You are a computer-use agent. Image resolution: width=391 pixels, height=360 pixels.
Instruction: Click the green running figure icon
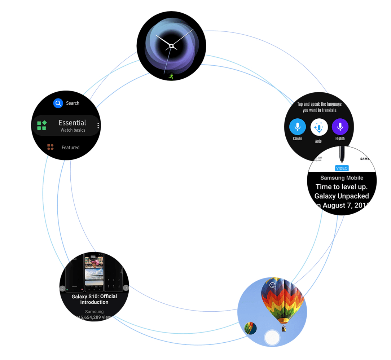pyautogui.click(x=171, y=76)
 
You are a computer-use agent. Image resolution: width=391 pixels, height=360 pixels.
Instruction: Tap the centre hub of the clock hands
pyautogui.click(x=171, y=46)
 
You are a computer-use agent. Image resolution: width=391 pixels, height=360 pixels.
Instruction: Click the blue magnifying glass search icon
pyautogui.click(x=58, y=104)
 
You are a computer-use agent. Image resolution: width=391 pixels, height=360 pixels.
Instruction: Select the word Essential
pyautogui.click(x=73, y=123)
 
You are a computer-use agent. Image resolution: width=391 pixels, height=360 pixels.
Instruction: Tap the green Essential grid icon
pyautogui.click(x=42, y=125)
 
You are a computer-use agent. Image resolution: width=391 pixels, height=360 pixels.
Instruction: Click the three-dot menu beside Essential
pyautogui.click(x=98, y=126)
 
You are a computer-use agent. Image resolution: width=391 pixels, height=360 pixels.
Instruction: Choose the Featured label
pyautogui.click(x=70, y=147)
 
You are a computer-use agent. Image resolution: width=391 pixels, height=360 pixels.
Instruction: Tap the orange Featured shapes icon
pyautogui.click(x=50, y=147)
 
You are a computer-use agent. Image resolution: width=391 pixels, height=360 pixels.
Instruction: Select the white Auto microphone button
pyautogui.click(x=318, y=127)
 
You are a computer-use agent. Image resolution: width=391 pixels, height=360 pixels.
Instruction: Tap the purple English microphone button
pyautogui.click(x=340, y=127)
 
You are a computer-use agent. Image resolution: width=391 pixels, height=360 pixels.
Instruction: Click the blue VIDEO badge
pyautogui.click(x=342, y=168)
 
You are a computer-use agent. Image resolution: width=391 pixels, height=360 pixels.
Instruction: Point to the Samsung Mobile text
pyautogui.click(x=342, y=178)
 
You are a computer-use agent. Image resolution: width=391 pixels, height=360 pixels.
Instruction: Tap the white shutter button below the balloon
pyautogui.click(x=272, y=338)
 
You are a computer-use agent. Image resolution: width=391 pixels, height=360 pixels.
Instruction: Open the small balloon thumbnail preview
pyautogui.click(x=250, y=328)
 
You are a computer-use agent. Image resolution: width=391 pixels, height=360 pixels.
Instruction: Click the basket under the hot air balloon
pyautogui.click(x=284, y=328)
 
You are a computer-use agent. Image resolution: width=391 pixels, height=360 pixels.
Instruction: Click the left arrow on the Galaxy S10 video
pyautogui.click(x=62, y=288)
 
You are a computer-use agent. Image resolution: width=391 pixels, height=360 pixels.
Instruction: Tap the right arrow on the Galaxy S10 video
pyautogui.click(x=126, y=288)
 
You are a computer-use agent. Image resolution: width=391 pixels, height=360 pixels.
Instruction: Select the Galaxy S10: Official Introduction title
pyautogui.click(x=94, y=299)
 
